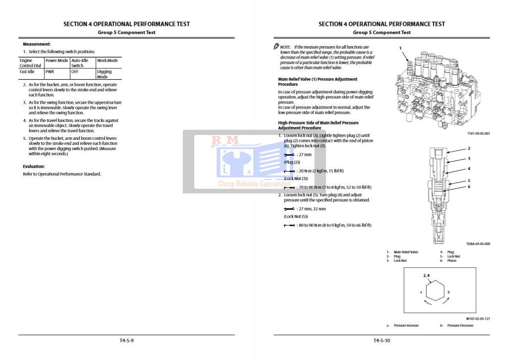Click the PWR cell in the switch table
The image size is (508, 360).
click(x=49, y=71)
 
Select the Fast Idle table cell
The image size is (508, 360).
click(x=27, y=71)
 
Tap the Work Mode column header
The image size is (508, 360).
click(x=108, y=60)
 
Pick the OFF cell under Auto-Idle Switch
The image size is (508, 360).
click(x=75, y=71)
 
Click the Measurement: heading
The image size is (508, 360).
click(x=37, y=44)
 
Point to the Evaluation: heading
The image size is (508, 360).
click(x=34, y=167)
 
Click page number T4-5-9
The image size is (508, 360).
click(x=127, y=341)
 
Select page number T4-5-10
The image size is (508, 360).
click(x=382, y=341)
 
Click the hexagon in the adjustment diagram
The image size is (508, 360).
click(x=435, y=292)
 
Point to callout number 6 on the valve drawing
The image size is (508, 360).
click(x=469, y=187)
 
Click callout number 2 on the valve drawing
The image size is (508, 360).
click(x=469, y=148)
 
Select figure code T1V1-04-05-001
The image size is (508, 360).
click(x=478, y=133)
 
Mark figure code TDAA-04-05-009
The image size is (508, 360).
click(x=478, y=243)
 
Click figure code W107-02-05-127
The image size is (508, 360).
click(x=478, y=319)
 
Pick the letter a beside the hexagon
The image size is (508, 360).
click(x=421, y=292)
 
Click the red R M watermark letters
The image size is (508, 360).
click(x=225, y=140)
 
